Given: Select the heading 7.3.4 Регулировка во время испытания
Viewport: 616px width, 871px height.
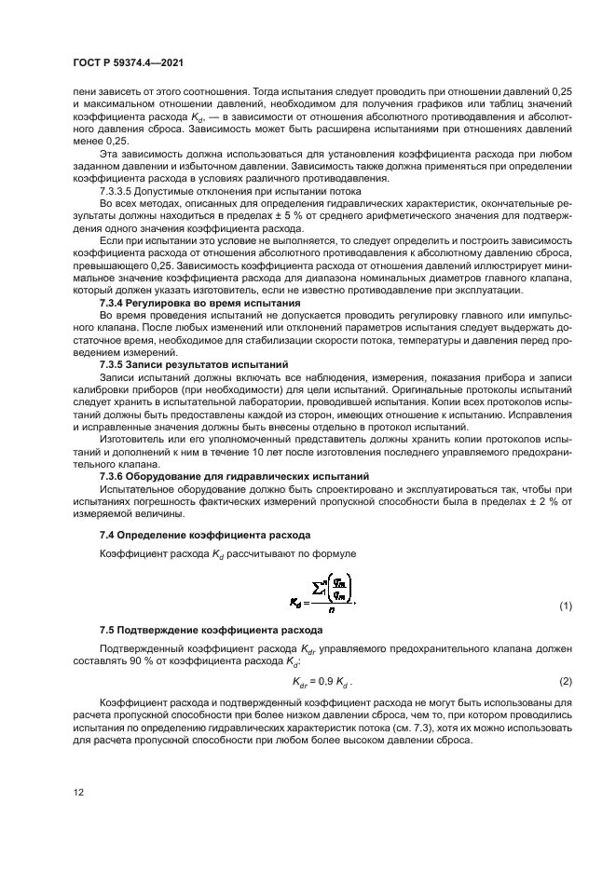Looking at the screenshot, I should coord(199,305).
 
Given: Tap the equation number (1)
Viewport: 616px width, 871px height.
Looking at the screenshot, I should coord(564,606).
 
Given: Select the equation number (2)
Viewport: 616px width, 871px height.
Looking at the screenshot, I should coord(564,681).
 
